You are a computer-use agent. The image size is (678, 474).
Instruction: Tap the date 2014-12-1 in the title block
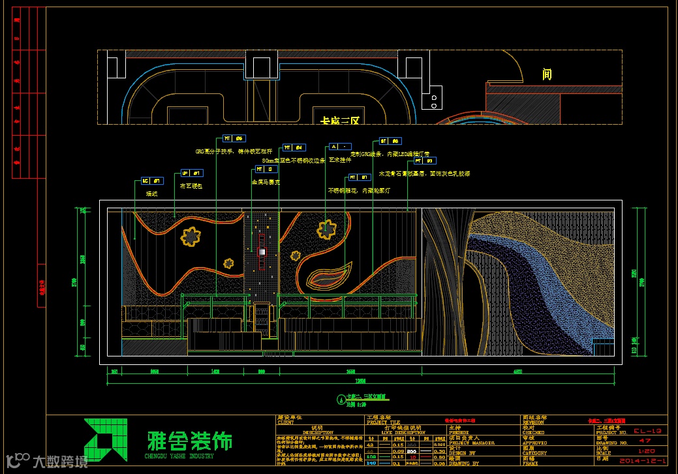643,462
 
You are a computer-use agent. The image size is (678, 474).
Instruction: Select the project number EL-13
643,432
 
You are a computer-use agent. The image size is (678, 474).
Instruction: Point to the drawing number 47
643,441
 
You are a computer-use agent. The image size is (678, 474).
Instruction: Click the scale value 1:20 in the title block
643,451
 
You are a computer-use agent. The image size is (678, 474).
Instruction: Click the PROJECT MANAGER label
472,442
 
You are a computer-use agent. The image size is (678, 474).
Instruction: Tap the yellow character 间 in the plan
547,74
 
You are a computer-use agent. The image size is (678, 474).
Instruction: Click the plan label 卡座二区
340,120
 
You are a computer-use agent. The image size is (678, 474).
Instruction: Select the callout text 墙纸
151,193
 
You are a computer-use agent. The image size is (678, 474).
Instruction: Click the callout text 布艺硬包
191,186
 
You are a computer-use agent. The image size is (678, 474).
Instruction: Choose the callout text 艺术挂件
339,159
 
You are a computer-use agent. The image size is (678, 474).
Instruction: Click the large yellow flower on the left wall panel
191,236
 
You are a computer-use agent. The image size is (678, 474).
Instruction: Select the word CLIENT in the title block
288,422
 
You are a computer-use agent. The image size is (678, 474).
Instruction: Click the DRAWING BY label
464,463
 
